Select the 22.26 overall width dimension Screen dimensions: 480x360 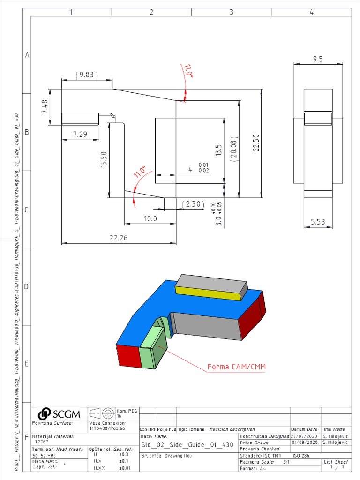click(119, 238)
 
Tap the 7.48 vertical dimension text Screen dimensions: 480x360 click(45, 107)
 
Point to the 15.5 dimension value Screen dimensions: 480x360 click(104, 160)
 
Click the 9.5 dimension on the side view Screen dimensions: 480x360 click(318, 59)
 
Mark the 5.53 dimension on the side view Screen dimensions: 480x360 click(318, 222)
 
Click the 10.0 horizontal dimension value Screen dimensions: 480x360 click(150, 218)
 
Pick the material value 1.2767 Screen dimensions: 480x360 click(42, 441)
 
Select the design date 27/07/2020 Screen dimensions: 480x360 click(305, 436)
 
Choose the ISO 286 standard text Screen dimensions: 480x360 click(301, 455)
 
